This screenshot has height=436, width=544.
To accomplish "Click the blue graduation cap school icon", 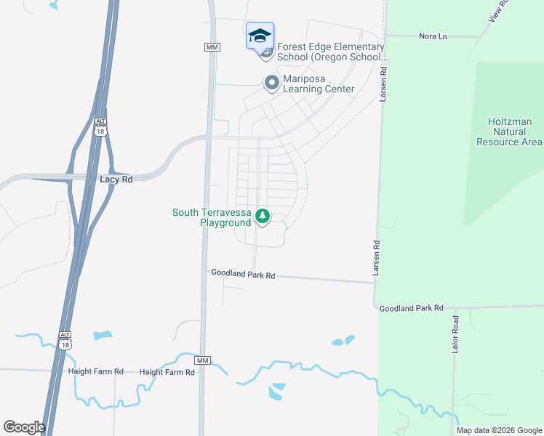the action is click(x=260, y=36).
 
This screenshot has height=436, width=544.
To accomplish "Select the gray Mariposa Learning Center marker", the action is click(x=271, y=83).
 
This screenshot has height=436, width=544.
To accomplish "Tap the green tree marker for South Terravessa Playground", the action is click(x=263, y=216).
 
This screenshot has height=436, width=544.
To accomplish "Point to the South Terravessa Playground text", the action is click(x=211, y=217).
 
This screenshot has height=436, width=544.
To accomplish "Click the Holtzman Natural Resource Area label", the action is click(x=509, y=132).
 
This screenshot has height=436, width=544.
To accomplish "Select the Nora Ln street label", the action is click(x=433, y=36).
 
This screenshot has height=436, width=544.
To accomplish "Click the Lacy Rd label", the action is click(x=116, y=179).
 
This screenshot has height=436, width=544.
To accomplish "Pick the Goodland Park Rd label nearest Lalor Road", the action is click(x=411, y=308).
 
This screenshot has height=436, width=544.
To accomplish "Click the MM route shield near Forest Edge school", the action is click(x=212, y=47).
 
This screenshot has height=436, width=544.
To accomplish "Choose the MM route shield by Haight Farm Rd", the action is click(x=202, y=360).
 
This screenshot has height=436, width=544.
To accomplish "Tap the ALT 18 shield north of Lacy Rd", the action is click(x=100, y=126).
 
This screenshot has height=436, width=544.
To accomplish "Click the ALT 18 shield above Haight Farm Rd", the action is click(x=65, y=339).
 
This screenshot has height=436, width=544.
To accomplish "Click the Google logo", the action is click(x=24, y=427).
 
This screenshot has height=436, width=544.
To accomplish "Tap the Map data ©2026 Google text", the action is click(x=498, y=430).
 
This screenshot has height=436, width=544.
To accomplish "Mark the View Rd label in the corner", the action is click(x=501, y=9).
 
